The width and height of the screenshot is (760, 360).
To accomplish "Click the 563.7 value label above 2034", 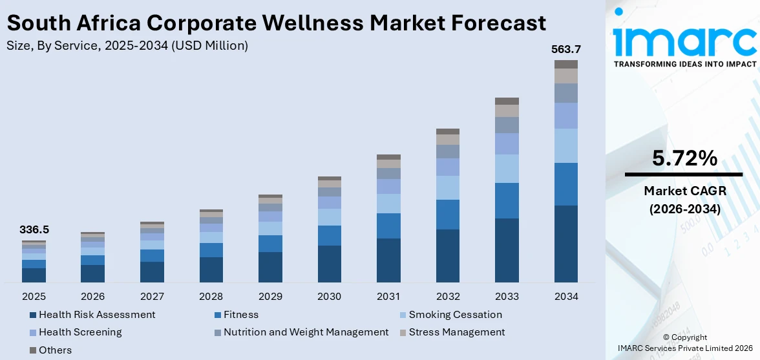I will pos(566,49).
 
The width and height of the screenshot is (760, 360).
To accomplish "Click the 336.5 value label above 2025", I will pos(34,229).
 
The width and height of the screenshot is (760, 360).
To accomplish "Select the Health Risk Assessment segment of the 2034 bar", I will pos(566,244).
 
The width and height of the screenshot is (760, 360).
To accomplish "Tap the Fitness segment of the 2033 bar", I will pos(507,200).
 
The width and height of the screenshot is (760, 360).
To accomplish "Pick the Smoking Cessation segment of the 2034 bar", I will pos(566,145).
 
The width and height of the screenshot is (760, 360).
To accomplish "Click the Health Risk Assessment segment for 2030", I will pos(329,264).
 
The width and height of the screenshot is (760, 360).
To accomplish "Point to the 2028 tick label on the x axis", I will pos(211,297).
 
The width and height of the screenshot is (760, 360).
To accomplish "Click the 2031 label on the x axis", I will pos(388,297).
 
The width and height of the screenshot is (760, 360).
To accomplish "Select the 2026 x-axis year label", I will pos(93,297).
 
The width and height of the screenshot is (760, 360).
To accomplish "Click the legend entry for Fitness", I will pos(240,315).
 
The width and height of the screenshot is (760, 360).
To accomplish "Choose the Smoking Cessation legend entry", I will pos(455,315).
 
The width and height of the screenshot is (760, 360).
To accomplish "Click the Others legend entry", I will pos(55,350).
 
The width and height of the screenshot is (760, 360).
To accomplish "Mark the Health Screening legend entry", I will pos(79,332).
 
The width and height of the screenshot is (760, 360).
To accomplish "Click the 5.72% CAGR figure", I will pos(684,158).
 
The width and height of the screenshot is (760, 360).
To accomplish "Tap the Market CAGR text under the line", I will pos(684,191).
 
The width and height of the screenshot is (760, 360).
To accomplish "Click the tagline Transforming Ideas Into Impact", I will pos(684,64).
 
